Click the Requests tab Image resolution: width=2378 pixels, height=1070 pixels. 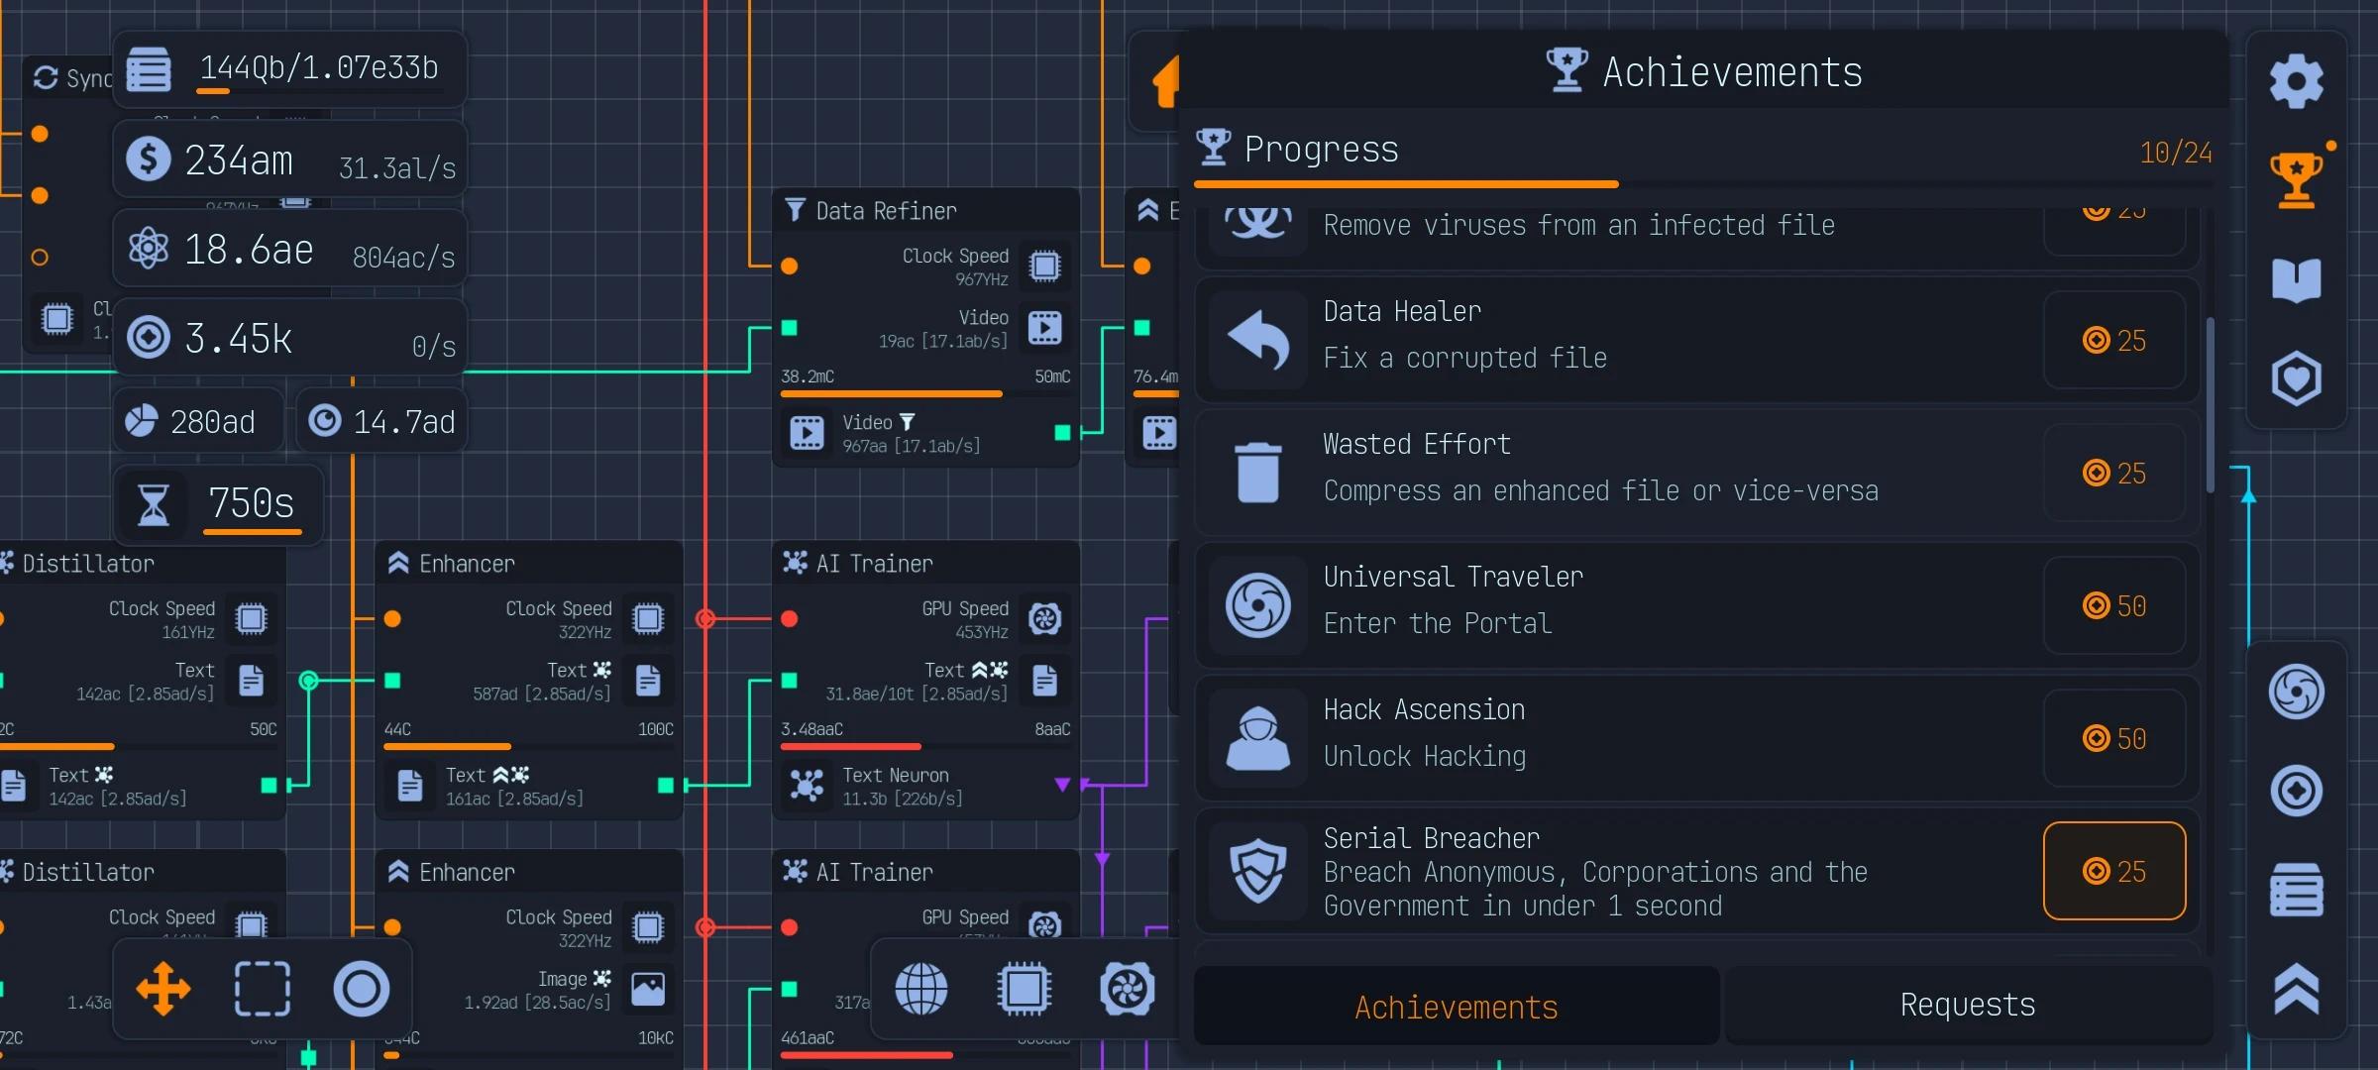click(1968, 1006)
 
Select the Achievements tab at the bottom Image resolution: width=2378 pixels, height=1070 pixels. click(1456, 1008)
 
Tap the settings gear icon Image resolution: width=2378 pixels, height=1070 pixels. click(2296, 81)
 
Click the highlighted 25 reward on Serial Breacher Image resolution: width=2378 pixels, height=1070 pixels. click(2113, 872)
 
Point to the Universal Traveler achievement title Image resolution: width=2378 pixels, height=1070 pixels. click(1453, 577)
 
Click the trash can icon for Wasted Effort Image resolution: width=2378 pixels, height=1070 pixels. click(1257, 473)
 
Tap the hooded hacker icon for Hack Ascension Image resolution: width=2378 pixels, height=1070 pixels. click(1257, 738)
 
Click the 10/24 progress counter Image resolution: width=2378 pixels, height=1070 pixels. click(2175, 153)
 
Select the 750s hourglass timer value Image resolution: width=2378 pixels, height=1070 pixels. click(252, 503)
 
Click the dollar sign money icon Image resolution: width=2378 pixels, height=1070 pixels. click(149, 159)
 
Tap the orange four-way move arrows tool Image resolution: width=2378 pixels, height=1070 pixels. click(163, 989)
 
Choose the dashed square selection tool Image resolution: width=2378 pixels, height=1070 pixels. click(263, 989)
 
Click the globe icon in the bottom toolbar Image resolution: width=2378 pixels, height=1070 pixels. click(921, 989)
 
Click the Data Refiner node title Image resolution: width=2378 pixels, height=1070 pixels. click(886, 211)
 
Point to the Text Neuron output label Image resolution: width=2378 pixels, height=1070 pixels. click(895, 776)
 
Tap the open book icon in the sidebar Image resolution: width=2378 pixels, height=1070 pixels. click(2296, 280)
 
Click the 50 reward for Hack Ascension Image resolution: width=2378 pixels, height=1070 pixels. click(2113, 739)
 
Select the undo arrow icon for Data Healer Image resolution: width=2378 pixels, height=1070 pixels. click(1257, 340)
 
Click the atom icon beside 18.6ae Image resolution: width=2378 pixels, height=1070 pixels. click(149, 248)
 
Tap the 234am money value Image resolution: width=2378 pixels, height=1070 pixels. click(239, 160)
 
